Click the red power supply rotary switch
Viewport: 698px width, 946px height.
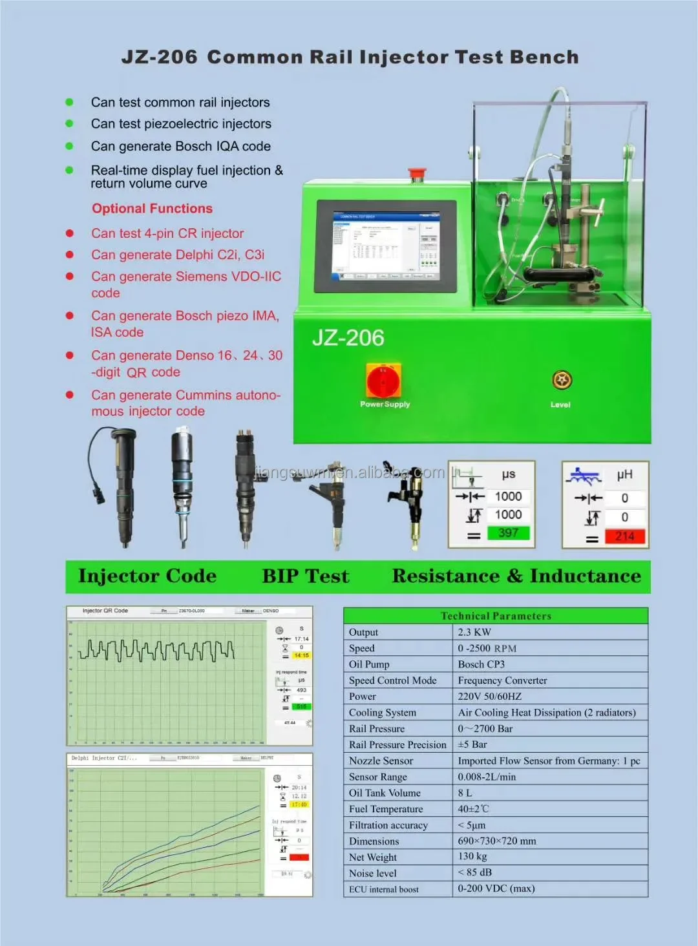coord(384,381)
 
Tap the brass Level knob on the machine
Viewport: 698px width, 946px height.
coord(562,380)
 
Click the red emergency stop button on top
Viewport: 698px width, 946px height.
coord(418,174)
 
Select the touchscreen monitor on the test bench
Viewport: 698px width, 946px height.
coord(386,246)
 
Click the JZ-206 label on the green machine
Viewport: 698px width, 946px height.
coord(348,338)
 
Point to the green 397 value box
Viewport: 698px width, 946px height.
coord(508,533)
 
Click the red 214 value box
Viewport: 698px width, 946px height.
coord(624,536)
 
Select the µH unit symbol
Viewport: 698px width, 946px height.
coord(624,475)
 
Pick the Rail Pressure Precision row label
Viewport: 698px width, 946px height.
coord(397,744)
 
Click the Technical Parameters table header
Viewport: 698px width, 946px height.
coord(496,616)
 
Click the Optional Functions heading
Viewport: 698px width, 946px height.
coord(152,208)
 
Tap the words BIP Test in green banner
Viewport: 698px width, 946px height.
coord(305,576)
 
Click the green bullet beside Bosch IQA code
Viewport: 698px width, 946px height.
coord(70,146)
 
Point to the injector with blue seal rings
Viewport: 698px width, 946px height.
coord(182,485)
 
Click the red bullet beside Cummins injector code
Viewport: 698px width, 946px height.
coord(70,395)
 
